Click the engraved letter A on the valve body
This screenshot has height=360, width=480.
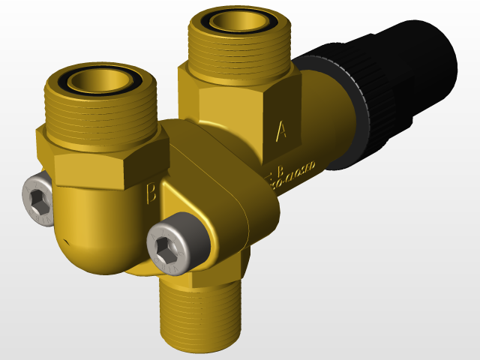(282, 132)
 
